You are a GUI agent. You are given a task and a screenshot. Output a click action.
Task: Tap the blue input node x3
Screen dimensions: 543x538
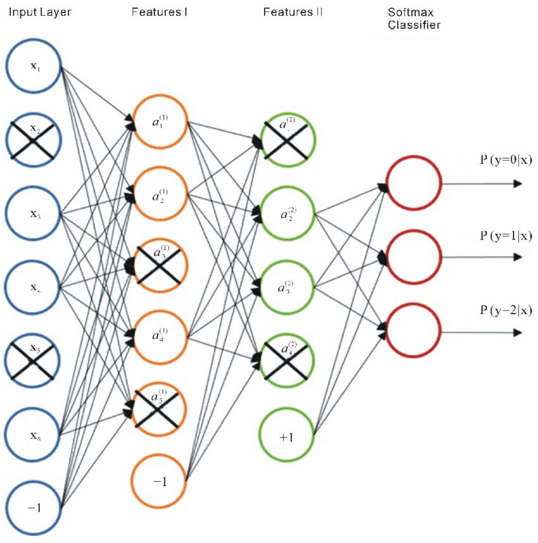point(33,214)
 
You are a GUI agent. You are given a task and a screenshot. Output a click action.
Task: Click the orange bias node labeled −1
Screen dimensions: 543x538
point(159,482)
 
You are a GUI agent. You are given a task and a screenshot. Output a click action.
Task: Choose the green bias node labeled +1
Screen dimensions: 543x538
point(287,436)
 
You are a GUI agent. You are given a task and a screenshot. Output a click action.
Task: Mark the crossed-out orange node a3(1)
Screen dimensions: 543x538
point(159,265)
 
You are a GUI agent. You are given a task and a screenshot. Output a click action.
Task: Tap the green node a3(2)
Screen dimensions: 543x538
point(287,288)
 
